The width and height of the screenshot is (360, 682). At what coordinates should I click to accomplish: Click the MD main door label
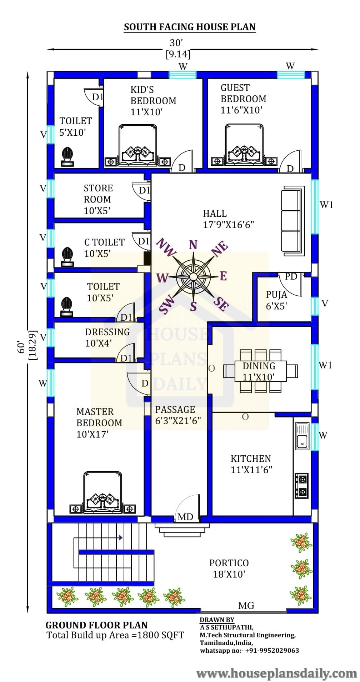click(185, 516)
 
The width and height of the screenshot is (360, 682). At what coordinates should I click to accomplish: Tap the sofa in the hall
click(293, 221)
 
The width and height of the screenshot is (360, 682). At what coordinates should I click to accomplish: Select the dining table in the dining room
click(260, 371)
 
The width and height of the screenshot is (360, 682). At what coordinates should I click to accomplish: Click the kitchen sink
click(302, 436)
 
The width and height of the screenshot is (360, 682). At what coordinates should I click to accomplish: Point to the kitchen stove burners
click(301, 486)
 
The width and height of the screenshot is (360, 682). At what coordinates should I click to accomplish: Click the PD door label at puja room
click(291, 276)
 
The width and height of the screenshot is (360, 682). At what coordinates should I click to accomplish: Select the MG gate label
click(246, 605)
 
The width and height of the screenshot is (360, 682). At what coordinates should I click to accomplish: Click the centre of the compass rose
click(193, 276)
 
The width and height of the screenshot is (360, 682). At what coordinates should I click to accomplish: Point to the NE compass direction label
click(220, 249)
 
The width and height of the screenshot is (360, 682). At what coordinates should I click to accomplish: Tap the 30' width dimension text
click(176, 43)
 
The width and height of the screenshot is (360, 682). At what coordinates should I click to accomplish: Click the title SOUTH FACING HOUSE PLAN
click(190, 27)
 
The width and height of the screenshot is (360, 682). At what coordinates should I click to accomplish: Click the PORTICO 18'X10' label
click(229, 568)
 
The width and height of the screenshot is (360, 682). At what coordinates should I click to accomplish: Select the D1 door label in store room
click(144, 190)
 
